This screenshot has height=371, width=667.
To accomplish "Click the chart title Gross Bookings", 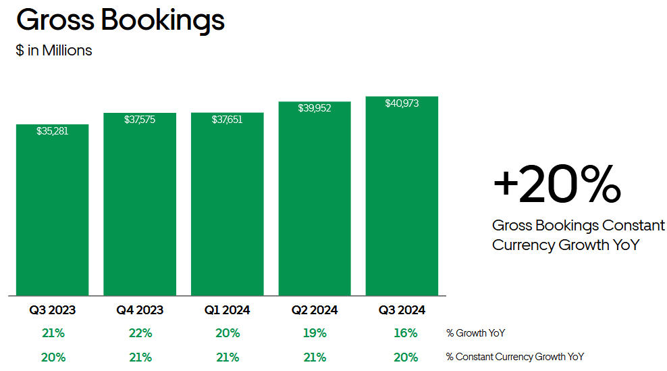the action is [x=120, y=20].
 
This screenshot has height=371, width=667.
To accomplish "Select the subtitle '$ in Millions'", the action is [x=54, y=50].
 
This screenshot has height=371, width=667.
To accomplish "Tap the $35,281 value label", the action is [x=53, y=131].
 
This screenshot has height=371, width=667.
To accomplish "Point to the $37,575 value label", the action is [x=140, y=120].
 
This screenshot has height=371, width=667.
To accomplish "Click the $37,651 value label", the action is [x=227, y=120].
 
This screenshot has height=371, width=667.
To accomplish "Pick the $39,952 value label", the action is [x=315, y=108].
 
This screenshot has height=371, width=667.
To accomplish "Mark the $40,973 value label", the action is [x=402, y=103].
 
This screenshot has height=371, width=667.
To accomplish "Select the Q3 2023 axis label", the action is [x=53, y=310].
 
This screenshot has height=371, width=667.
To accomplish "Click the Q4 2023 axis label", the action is [x=140, y=310].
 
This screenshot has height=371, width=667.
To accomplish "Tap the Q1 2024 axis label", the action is [x=227, y=310].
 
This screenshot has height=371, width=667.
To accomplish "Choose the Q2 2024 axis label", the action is [x=315, y=310].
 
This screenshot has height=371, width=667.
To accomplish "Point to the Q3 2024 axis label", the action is [x=402, y=310].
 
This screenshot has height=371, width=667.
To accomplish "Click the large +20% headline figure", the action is [x=557, y=184].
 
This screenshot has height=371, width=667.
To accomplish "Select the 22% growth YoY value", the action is [x=140, y=333].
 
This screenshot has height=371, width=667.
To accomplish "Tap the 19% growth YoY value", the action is [x=315, y=333].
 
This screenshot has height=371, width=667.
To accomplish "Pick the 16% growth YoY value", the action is [x=405, y=333].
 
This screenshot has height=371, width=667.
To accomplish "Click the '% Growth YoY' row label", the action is [x=475, y=333].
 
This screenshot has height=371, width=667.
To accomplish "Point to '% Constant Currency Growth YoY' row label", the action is [x=514, y=357].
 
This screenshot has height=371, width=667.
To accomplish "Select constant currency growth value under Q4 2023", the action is [x=140, y=357].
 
